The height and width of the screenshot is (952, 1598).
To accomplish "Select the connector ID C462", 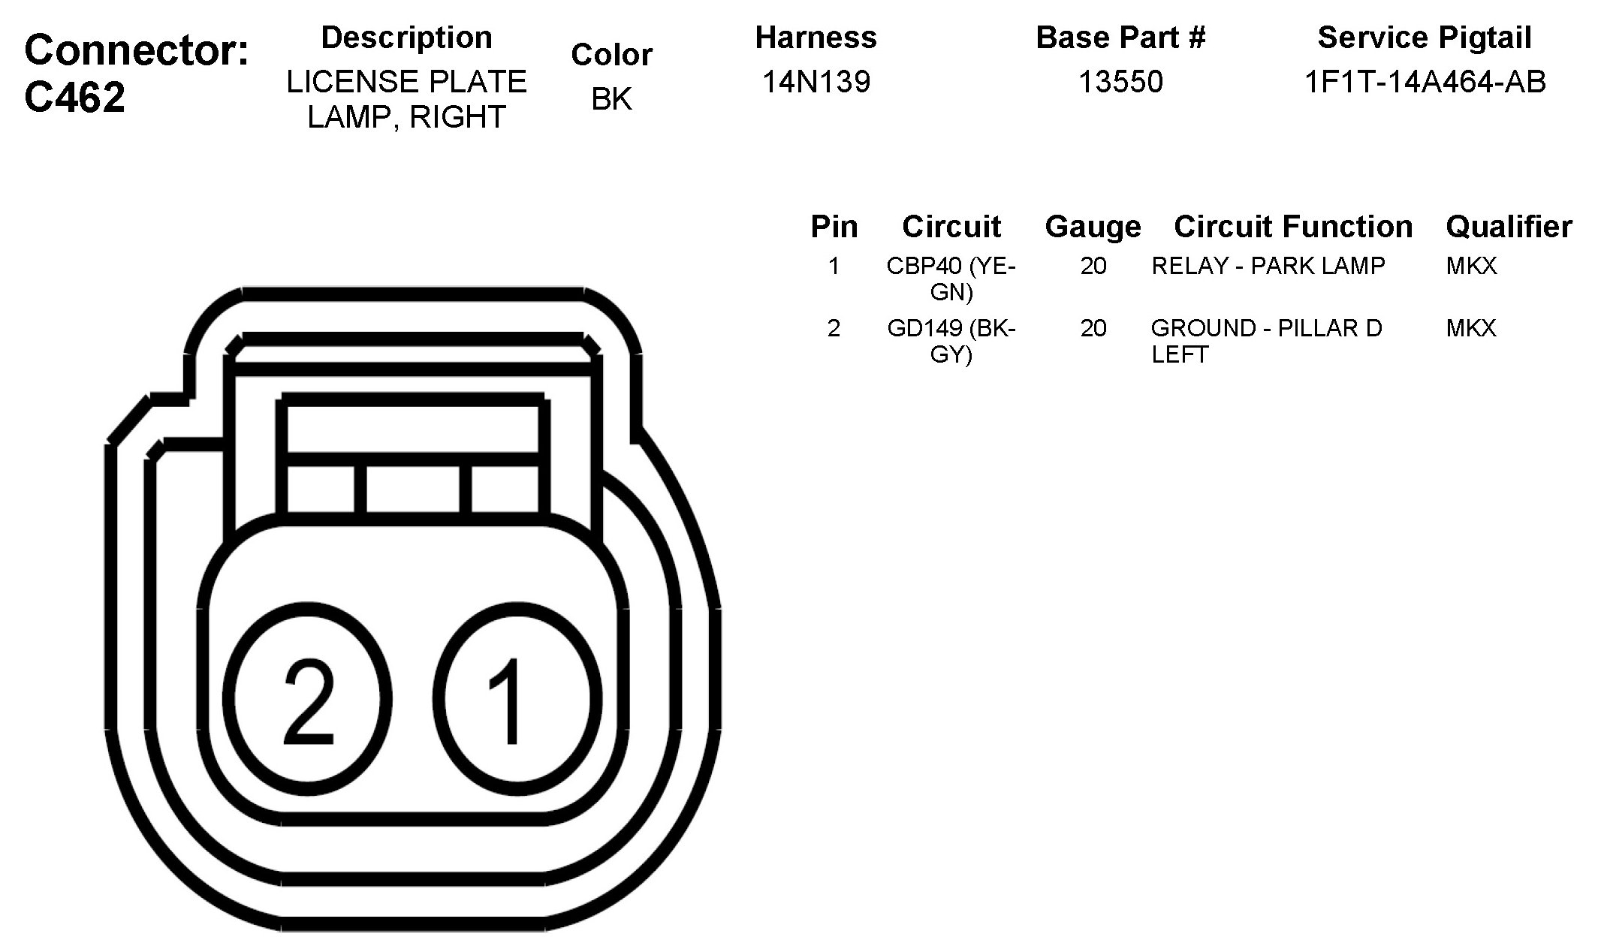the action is (x=75, y=98).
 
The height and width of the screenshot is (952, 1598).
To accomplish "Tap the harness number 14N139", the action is (x=816, y=81).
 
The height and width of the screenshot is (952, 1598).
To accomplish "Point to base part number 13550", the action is (x=1120, y=81).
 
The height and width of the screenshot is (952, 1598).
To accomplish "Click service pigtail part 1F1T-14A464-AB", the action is (x=1425, y=81).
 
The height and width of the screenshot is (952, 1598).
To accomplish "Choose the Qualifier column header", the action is (x=1509, y=226).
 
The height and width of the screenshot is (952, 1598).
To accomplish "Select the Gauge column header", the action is (x=1093, y=227).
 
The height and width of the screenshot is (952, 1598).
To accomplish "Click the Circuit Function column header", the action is (x=1293, y=226).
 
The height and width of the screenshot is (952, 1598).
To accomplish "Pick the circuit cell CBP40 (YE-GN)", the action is (x=951, y=279).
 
